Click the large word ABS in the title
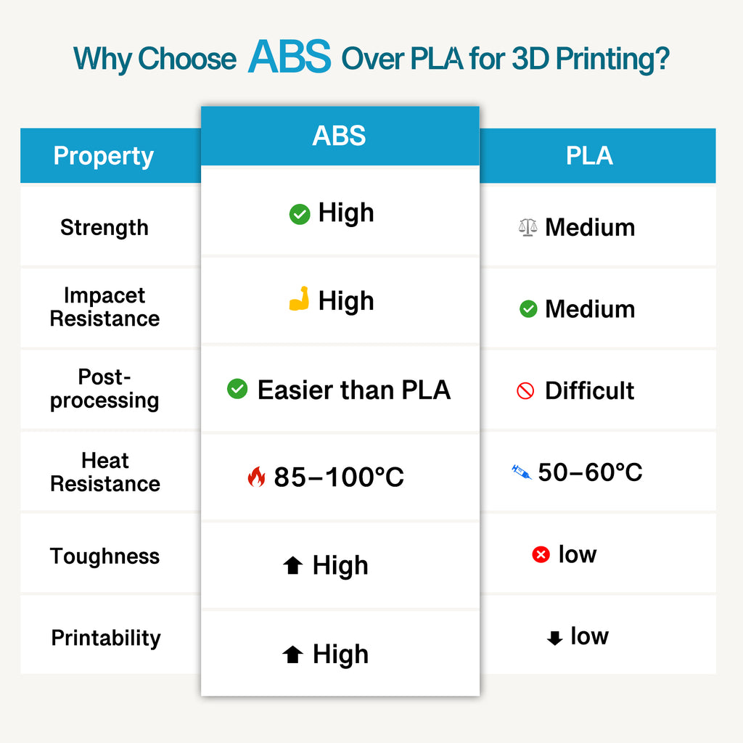[289, 57]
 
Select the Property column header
[104, 156]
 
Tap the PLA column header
[589, 156]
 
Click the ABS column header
[339, 136]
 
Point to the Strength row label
[104, 227]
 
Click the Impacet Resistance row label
[104, 307]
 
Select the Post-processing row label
[104, 388]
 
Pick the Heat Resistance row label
[104, 472]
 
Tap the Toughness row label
[104, 557]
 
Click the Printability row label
[106, 639]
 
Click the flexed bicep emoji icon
[299, 300]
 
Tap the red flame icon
[256, 477]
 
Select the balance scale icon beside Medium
[528, 227]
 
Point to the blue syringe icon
[521, 472]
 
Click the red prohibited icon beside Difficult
[525, 391]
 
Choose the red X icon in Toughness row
[541, 555]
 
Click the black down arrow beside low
[554, 639]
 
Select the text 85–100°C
[339, 477]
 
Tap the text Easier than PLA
[354, 390]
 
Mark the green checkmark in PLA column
[528, 309]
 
